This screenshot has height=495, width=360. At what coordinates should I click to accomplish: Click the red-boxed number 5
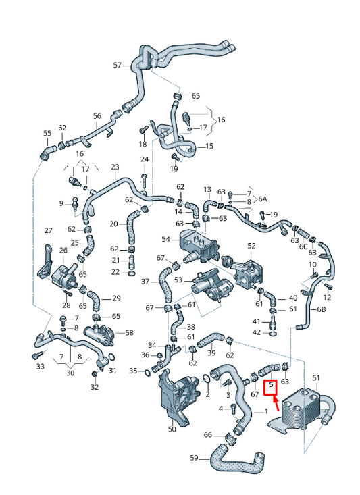(x=271, y=388)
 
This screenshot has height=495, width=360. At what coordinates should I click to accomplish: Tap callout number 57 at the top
(x=117, y=65)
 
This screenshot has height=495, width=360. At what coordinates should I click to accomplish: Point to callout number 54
(x=166, y=240)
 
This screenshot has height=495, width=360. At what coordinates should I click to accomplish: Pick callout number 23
(x=114, y=167)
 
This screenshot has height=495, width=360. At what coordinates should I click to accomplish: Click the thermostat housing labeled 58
(x=97, y=335)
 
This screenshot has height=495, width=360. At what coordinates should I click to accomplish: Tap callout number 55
(x=47, y=133)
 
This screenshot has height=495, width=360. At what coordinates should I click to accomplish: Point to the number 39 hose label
(x=212, y=353)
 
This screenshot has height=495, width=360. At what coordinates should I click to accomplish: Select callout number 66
(x=208, y=435)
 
